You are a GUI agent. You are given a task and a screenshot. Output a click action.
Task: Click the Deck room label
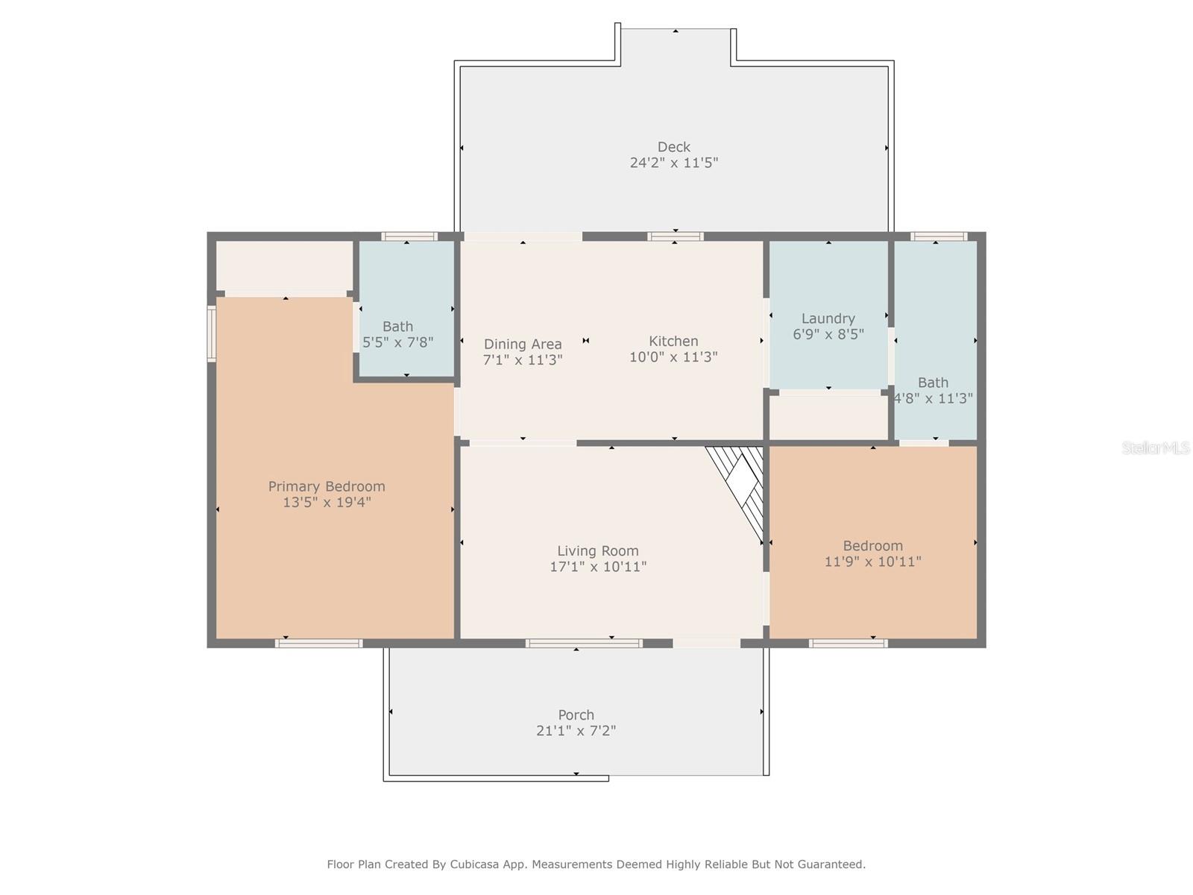click(x=673, y=147)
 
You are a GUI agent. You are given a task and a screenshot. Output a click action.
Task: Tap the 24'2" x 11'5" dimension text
click(x=673, y=163)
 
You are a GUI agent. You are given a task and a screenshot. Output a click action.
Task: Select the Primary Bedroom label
click(x=326, y=486)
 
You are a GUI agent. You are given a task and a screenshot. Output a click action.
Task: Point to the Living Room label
click(x=597, y=551)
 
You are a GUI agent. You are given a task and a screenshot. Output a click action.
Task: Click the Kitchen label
click(x=673, y=342)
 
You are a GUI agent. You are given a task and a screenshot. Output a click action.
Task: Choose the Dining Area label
click(x=523, y=344)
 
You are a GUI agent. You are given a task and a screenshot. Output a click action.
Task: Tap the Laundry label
click(x=828, y=318)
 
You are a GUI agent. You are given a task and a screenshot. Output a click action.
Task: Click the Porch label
click(x=576, y=715)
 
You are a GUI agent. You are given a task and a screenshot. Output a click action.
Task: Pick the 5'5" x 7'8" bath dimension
click(x=398, y=342)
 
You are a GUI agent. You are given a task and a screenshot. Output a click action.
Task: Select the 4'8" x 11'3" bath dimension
click(x=934, y=398)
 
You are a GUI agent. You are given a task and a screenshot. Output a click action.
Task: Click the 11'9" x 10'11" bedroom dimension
click(x=872, y=562)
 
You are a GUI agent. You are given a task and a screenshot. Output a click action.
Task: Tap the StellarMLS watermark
click(x=1156, y=447)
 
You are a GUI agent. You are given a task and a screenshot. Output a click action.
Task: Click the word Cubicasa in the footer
click(x=474, y=864)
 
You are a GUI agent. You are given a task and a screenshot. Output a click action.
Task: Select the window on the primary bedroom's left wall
click(x=212, y=333)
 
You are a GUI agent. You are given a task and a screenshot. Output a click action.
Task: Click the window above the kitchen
click(x=675, y=236)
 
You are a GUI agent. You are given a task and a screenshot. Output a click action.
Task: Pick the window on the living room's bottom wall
click(x=584, y=644)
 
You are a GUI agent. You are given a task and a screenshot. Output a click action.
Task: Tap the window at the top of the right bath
click(x=939, y=236)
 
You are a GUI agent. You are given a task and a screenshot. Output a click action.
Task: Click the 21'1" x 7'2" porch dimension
click(x=576, y=731)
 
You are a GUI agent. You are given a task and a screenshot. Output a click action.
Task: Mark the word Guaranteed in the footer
click(x=826, y=864)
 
